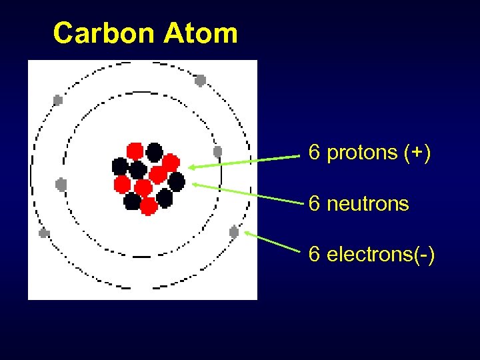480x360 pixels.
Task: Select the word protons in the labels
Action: [x=363, y=153]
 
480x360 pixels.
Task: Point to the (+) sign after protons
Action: [x=417, y=153]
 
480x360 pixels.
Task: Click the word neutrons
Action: [x=367, y=203]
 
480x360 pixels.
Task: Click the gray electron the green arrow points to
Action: [x=234, y=232]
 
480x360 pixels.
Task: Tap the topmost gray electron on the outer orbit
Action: [x=200, y=80]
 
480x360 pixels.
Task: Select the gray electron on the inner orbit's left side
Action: [x=61, y=184]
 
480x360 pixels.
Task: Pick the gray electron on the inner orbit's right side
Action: [x=217, y=151]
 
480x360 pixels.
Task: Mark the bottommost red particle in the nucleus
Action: [x=149, y=206]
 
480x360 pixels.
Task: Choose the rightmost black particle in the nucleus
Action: [x=177, y=181]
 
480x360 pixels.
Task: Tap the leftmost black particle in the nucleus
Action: [x=120, y=165]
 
